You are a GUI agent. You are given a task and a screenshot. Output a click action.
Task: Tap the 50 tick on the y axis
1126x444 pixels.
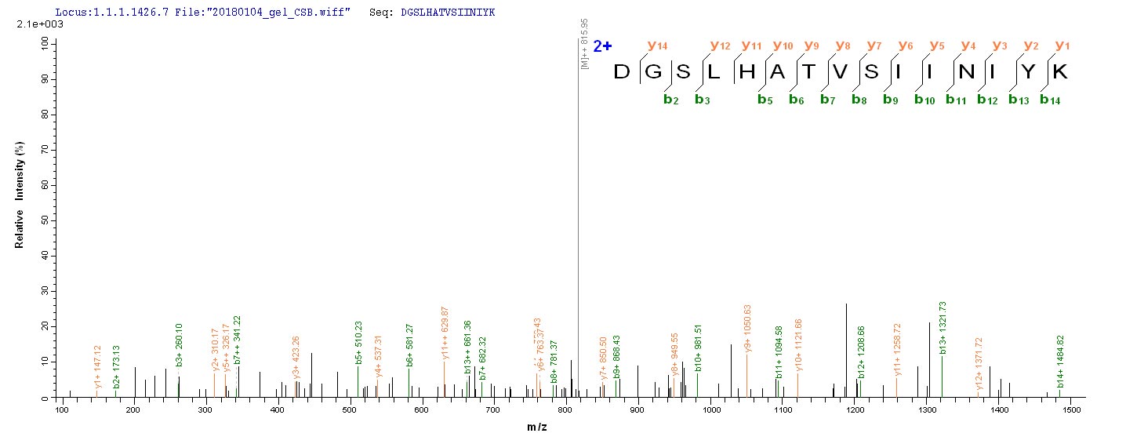click(x=45, y=220)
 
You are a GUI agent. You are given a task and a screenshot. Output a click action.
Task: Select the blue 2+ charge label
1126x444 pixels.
click(x=602, y=46)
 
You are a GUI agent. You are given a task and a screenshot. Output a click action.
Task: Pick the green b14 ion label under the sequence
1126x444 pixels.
click(x=1050, y=100)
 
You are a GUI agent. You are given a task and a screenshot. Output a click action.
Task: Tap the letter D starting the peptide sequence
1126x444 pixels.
click(x=622, y=72)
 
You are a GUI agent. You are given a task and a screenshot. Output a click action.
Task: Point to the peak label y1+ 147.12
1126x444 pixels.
click(x=97, y=366)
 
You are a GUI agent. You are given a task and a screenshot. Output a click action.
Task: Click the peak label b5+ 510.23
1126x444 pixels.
click(x=358, y=342)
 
